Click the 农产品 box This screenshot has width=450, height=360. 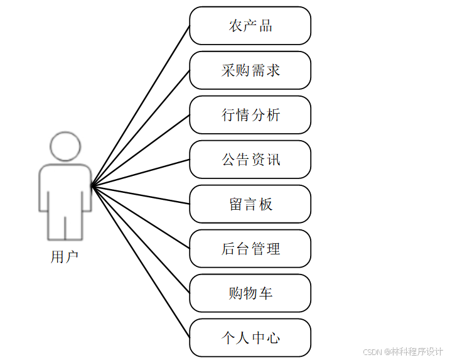pyautogui.click(x=250, y=26)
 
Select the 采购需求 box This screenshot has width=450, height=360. pyautogui.click(x=250, y=70)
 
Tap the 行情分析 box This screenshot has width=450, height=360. pyautogui.click(x=250, y=115)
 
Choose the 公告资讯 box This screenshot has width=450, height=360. pyautogui.click(x=250, y=160)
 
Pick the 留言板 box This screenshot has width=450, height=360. pyautogui.click(x=250, y=204)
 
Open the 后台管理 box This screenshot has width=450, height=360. pyautogui.click(x=250, y=249)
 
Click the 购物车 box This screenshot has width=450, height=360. pyautogui.click(x=250, y=293)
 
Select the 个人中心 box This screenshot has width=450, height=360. pyautogui.click(x=250, y=338)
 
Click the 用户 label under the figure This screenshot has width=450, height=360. pyautogui.click(x=65, y=257)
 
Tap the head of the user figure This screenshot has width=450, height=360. pyautogui.click(x=65, y=146)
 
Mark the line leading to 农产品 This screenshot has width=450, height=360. pyautogui.click(x=141, y=106)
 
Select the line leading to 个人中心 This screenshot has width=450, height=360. pyautogui.click(x=141, y=262)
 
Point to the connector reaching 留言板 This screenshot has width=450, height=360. pyautogui.click(x=141, y=195)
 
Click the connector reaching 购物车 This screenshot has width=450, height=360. pyautogui.click(x=141, y=239)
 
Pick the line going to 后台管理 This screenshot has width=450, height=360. pyautogui.click(x=141, y=217)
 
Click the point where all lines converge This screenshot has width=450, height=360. pyautogui.click(x=92, y=185)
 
